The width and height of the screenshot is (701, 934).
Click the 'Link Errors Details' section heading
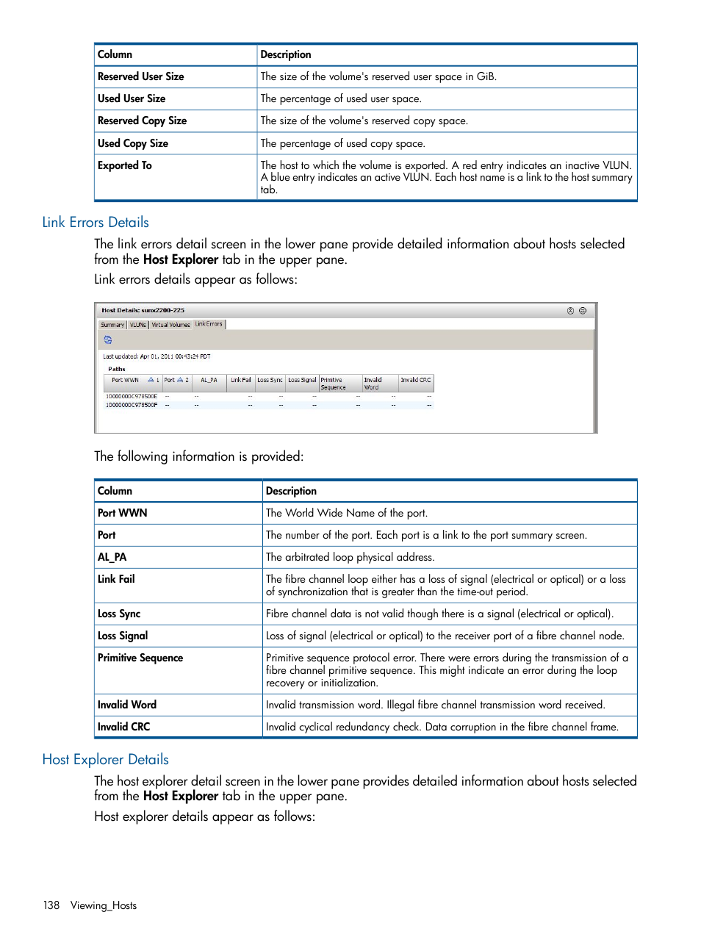tap(96, 223)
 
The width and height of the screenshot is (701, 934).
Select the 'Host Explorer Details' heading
tap(105, 760)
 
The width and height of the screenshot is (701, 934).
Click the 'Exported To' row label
tap(125, 166)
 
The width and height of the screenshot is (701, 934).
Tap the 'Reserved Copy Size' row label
tap(142, 121)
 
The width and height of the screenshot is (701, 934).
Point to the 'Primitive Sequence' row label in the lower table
tap(140, 658)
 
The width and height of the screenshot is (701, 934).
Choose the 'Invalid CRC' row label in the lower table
tap(123, 728)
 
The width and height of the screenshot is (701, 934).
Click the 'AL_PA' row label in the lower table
tap(112, 558)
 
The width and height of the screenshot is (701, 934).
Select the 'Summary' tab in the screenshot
tap(112, 325)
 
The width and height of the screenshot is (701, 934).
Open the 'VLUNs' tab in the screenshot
tap(138, 325)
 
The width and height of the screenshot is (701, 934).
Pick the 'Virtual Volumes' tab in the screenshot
tap(170, 325)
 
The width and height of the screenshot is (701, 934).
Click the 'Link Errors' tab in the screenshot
tap(209, 324)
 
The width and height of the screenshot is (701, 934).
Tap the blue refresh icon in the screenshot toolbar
tap(108, 340)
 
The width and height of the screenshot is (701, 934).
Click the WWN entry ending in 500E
tap(132, 397)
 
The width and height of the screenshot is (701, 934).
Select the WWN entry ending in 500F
tap(132, 405)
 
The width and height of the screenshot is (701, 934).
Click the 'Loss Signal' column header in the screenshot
tap(302, 381)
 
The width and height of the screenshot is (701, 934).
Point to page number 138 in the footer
tap(51, 906)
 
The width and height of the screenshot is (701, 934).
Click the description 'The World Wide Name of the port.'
tap(346, 514)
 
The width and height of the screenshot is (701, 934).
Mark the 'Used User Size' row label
tap(132, 99)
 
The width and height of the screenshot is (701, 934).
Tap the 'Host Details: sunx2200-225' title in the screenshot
tap(143, 311)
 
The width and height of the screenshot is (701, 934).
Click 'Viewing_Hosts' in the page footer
tap(104, 906)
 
